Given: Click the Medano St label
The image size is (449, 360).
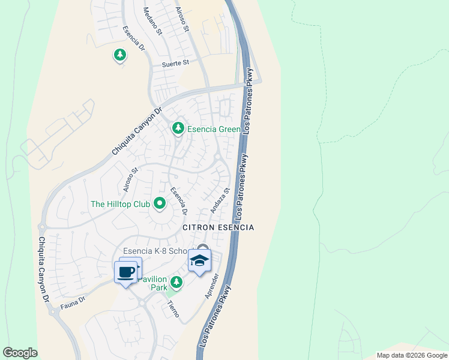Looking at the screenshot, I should click(x=153, y=21).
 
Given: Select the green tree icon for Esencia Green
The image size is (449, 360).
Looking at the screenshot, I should click(x=178, y=128).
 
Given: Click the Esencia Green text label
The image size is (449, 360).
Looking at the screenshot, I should click(x=213, y=129).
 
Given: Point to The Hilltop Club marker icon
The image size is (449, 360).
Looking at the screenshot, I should click(x=160, y=205).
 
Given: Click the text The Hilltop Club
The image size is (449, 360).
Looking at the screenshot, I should click(x=120, y=205).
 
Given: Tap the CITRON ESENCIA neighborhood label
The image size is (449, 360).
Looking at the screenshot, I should click(x=218, y=228).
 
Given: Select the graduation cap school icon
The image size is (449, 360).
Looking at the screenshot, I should click(x=200, y=261).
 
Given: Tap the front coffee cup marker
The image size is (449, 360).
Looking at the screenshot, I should click(x=125, y=272).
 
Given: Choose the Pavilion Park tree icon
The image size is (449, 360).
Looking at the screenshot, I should click(x=176, y=281).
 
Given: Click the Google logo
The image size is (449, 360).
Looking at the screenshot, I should click(x=20, y=353).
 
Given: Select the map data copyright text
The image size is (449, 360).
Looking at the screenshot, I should click(x=412, y=355).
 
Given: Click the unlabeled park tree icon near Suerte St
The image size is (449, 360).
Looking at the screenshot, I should click(x=120, y=56).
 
